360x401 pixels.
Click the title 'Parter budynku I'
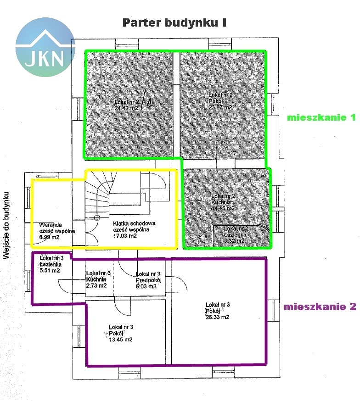(174, 23)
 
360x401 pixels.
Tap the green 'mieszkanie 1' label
(321, 117)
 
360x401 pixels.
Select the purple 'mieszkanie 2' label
(320, 307)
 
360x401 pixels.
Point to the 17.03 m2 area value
(125, 236)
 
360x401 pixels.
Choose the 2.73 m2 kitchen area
(96, 285)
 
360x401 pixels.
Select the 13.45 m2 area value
(121, 340)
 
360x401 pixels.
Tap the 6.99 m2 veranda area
(50, 237)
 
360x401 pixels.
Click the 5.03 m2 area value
(146, 286)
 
